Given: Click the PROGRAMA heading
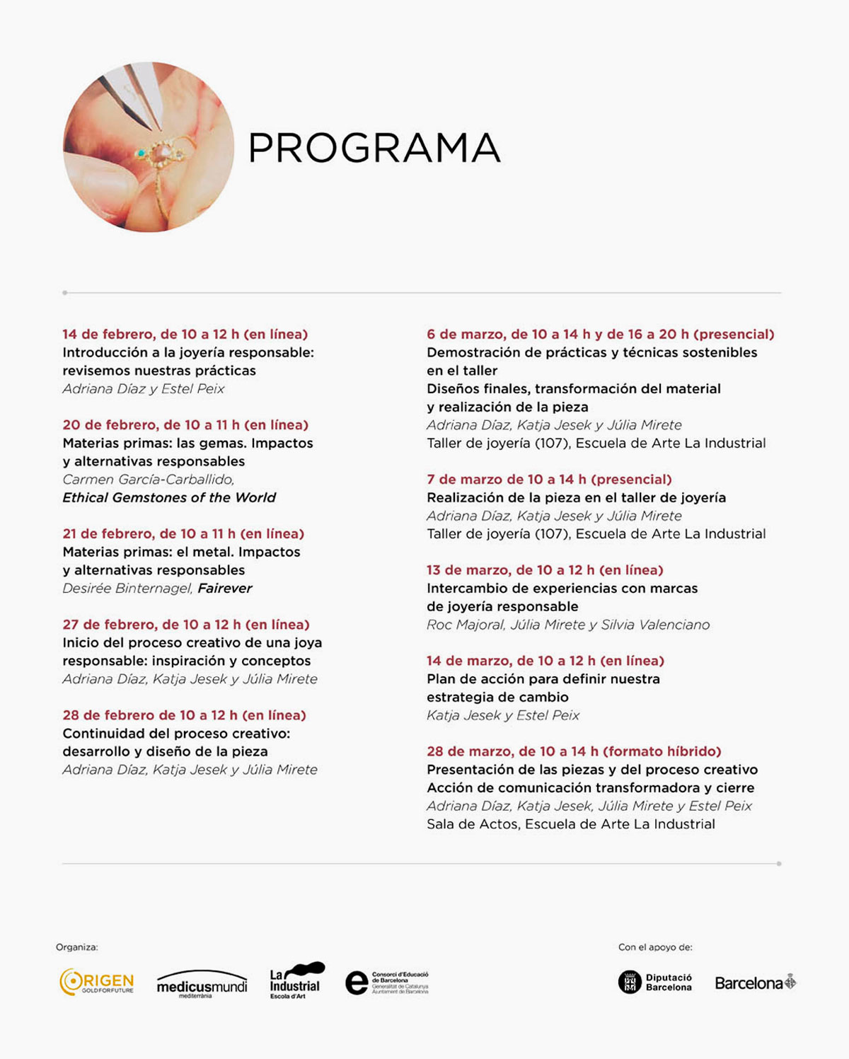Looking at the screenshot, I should (x=374, y=148).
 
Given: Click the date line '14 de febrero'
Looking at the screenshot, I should (x=185, y=335).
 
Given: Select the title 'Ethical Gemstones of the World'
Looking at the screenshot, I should (x=169, y=497).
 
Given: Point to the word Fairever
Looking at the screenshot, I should (x=224, y=589).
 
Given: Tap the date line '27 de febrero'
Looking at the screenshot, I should (x=186, y=625).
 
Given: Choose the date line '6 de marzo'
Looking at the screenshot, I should (x=600, y=335).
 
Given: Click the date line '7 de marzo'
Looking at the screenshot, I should (x=549, y=480).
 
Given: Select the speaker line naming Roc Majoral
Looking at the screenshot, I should (x=568, y=625).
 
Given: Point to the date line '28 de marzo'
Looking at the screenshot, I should (x=574, y=751).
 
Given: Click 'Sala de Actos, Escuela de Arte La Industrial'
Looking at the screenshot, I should (x=570, y=824).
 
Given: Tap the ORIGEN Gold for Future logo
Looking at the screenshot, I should (x=96, y=983).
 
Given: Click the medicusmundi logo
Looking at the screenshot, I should (x=202, y=984).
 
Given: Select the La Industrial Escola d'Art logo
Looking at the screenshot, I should (x=296, y=980).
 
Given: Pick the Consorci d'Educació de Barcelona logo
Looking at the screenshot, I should (x=387, y=983).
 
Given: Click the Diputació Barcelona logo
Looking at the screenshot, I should (x=655, y=982).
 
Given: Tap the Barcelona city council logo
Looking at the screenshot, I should (x=755, y=983).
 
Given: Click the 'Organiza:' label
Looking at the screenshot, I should (x=77, y=947).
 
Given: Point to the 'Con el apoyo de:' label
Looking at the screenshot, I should (x=655, y=947).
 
